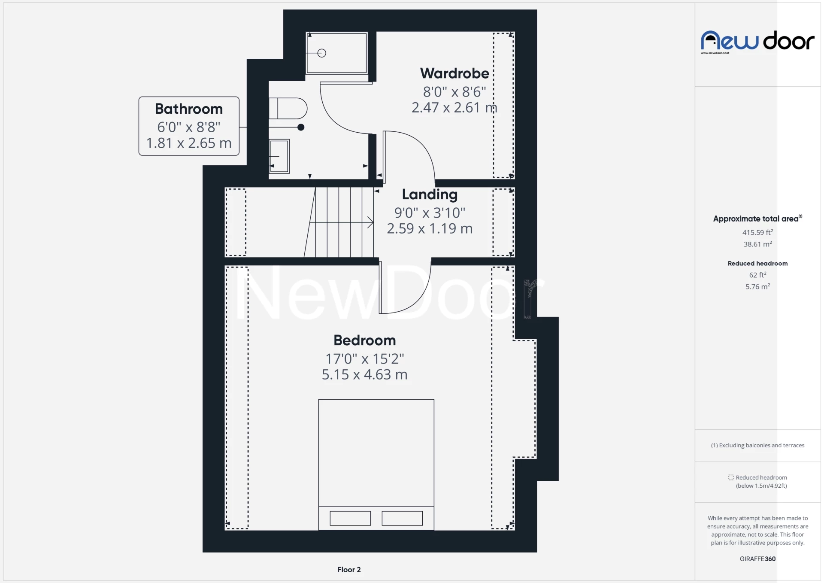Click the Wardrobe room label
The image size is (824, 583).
(x=454, y=73)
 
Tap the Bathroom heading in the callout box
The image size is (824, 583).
(x=189, y=109)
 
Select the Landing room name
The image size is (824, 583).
(x=430, y=194)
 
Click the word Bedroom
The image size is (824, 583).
(x=364, y=340)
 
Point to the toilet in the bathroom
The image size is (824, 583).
(x=288, y=109)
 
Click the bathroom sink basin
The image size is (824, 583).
(x=279, y=156)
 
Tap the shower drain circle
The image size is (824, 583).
(x=322, y=53)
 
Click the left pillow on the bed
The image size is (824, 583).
(x=350, y=518)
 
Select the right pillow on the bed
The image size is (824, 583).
(x=402, y=518)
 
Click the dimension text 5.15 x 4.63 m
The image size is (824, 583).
(x=364, y=375)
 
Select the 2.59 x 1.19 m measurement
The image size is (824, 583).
(x=430, y=229)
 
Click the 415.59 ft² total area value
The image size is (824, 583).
(x=757, y=232)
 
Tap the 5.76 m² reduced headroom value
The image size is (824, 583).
(x=757, y=286)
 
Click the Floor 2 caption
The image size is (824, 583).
(x=349, y=570)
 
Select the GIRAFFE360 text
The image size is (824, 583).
(x=757, y=559)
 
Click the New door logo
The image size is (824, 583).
(x=757, y=41)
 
